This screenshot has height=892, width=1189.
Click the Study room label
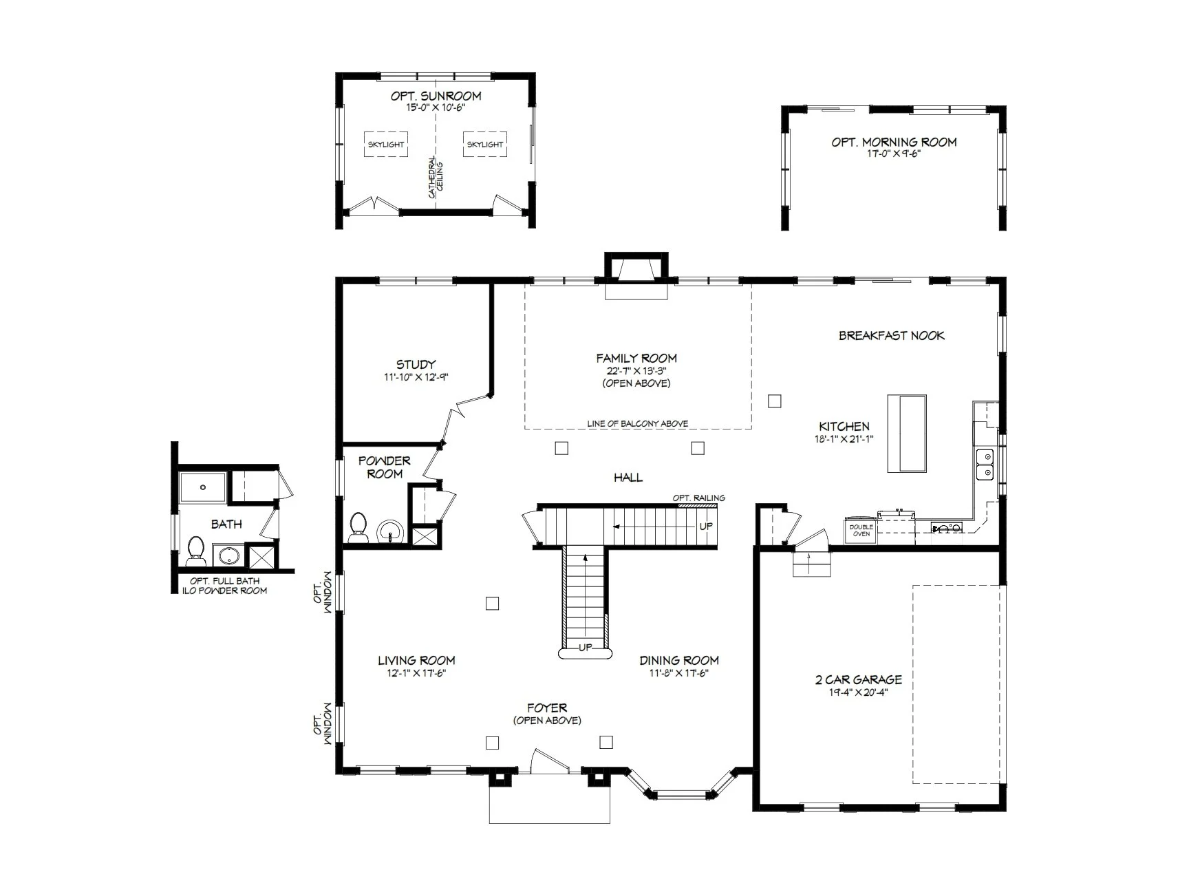click(x=416, y=365)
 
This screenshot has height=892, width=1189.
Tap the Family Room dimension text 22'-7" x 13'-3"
click(x=636, y=370)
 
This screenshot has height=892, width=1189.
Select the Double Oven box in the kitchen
click(x=861, y=530)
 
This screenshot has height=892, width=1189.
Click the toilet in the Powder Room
click(x=358, y=527)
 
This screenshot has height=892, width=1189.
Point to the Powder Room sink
click(x=391, y=531)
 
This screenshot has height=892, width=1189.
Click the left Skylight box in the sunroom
click(x=385, y=145)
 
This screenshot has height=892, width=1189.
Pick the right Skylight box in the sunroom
click(x=485, y=145)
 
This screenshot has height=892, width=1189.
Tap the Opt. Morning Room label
click(x=894, y=142)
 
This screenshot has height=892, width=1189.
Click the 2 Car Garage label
click(x=858, y=680)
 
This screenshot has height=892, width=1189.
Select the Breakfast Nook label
click(x=892, y=336)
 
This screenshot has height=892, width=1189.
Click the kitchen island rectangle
click(x=907, y=434)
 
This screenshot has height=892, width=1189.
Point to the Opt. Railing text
click(x=698, y=498)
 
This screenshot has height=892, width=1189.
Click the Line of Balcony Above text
click(x=638, y=424)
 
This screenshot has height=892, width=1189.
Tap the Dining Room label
click(x=679, y=661)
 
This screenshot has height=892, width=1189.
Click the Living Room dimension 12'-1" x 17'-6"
click(x=416, y=674)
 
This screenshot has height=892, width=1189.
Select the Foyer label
click(x=547, y=708)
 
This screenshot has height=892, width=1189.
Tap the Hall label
click(x=628, y=478)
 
